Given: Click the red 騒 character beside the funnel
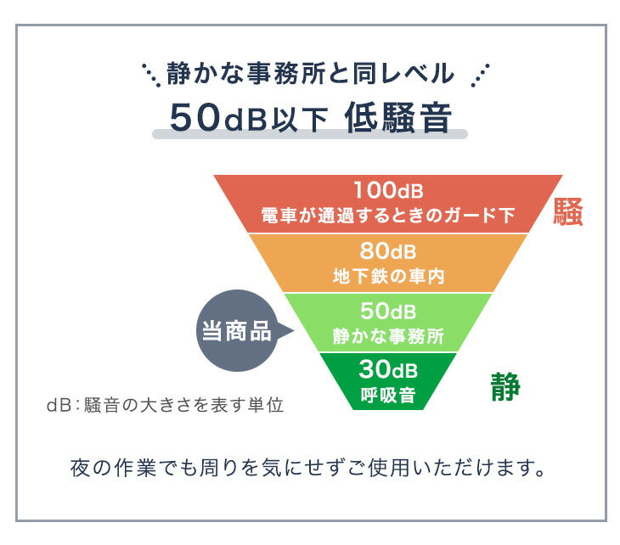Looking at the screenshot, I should pos(567,212).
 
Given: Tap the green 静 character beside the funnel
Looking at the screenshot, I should pos(504,387).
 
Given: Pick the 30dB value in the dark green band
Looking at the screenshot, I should pos(388,369).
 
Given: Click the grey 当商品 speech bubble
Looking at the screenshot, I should pos(237,331).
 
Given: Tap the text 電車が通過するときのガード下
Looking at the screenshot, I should pos(388,215).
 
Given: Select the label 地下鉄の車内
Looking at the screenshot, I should pos(388,275).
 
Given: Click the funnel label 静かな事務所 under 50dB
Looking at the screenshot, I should pos(388,334).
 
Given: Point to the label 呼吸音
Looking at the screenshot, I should pos(388,394).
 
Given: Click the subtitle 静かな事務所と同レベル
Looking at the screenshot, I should pos(309,74).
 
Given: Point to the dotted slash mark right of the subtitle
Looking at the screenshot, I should pos(480,74).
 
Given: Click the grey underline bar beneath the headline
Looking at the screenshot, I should pos(309,134).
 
